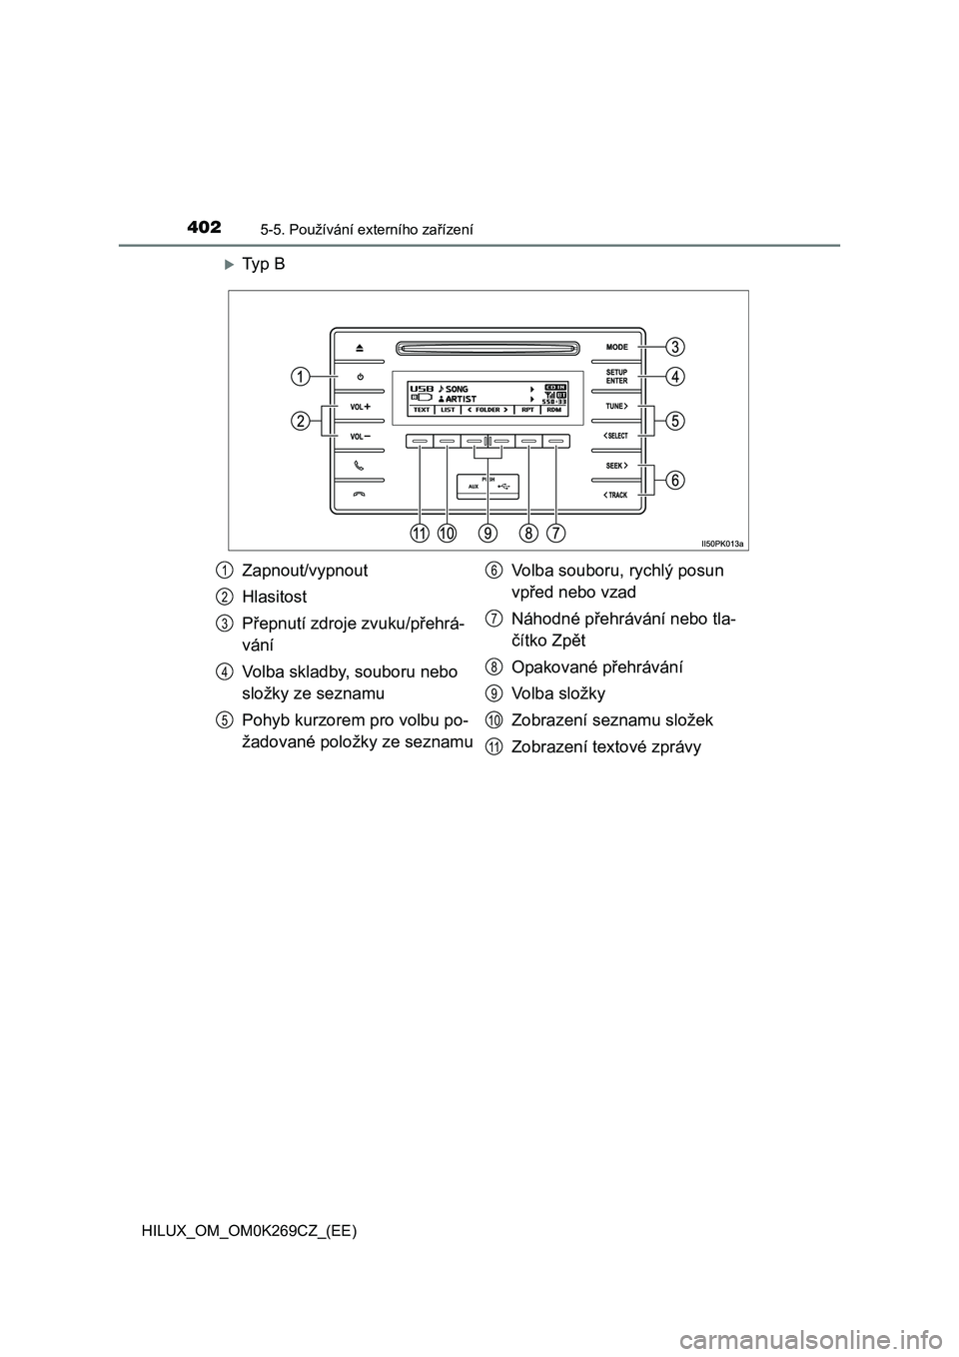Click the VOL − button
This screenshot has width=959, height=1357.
tap(360, 437)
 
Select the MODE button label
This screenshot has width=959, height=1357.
tap(616, 347)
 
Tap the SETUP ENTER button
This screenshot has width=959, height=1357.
tap(616, 377)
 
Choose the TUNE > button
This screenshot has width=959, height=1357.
tap(616, 407)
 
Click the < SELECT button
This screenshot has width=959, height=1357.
tap(616, 437)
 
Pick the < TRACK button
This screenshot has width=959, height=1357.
tap(616, 495)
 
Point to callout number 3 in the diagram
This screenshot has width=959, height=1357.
tap(676, 347)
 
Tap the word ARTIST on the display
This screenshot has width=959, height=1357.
tap(462, 399)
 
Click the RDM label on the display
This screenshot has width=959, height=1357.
tap(553, 410)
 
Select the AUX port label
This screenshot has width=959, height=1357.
tap(474, 487)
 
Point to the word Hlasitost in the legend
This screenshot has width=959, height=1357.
tap(275, 597)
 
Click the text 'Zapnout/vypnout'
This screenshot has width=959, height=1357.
tap(305, 571)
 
